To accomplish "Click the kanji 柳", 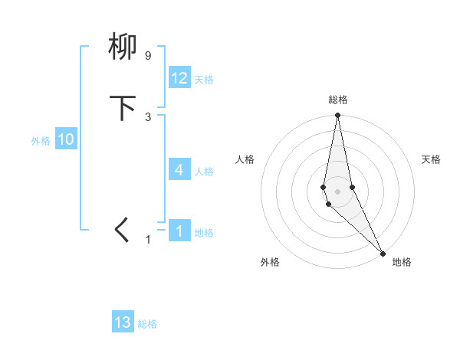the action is point(123,47).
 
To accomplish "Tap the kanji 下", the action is point(123,108).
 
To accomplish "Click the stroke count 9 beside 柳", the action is point(147,56).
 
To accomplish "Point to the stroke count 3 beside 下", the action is point(147,117).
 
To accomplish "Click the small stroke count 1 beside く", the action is point(149,240).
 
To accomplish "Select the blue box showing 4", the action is point(179,169).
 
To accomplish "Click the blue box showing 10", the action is point(66,139).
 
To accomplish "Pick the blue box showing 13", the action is point(123,322).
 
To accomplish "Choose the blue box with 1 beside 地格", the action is point(179,231).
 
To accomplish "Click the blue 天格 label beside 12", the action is point(204,80).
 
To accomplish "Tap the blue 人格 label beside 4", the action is point(204,172).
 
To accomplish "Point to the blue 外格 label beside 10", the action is point(41,141).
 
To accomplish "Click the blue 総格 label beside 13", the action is point(147,325).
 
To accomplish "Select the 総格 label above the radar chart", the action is point(338,100).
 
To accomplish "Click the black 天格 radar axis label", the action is point(431,159).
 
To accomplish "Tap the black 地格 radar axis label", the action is point(402,262).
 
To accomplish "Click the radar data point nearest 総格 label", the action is point(337,116).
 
